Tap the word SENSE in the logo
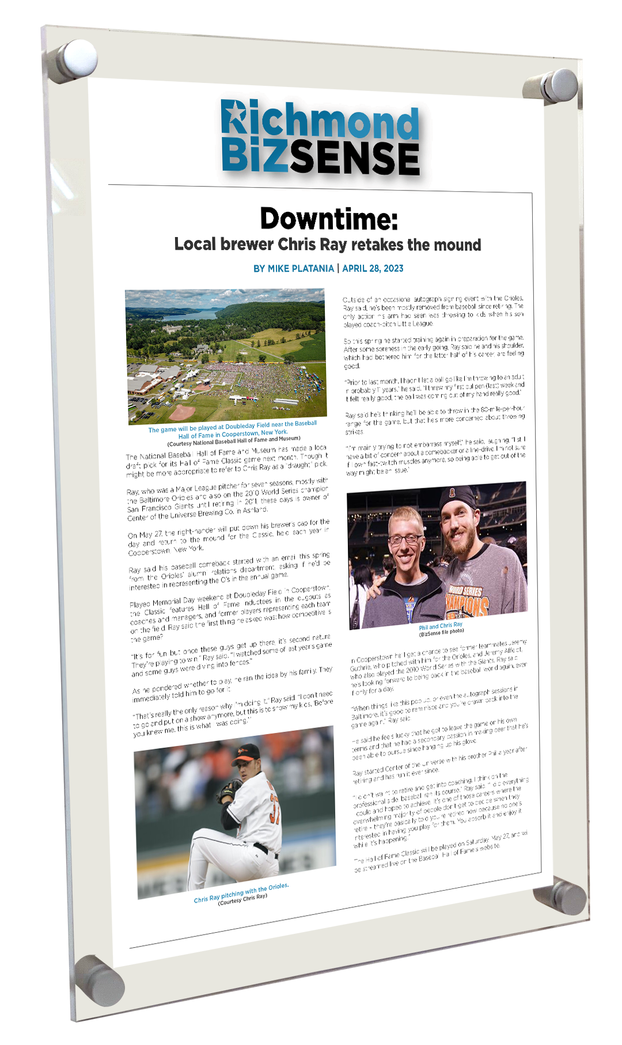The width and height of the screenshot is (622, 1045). (354, 158)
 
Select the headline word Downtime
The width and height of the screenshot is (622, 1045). (328, 219)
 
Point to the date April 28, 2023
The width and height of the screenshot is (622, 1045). (373, 268)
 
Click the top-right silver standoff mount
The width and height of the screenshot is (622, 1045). (552, 86)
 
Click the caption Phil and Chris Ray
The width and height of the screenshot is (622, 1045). (441, 626)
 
